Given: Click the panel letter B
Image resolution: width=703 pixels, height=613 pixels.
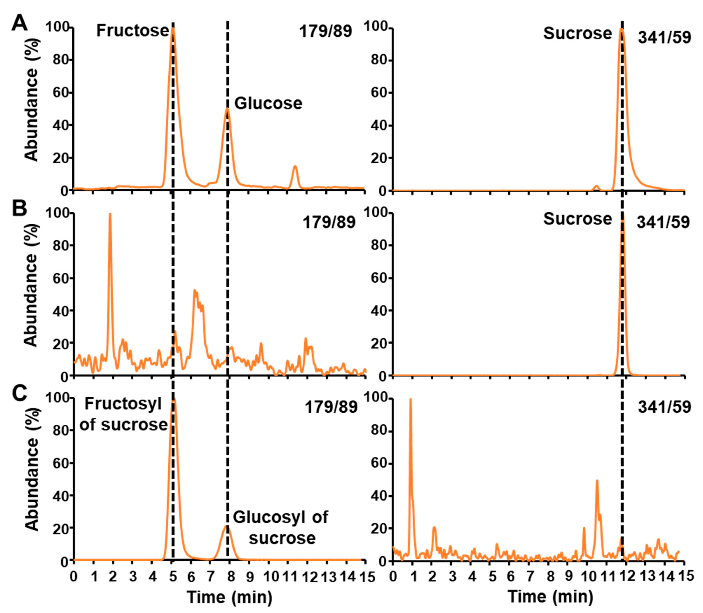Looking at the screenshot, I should (x=20, y=209).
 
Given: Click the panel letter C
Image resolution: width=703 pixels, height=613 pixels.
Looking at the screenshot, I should (x=20, y=394).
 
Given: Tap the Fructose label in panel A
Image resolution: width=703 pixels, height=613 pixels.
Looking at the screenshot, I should (x=132, y=31).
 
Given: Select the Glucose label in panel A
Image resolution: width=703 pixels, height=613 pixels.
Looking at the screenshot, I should (x=268, y=103).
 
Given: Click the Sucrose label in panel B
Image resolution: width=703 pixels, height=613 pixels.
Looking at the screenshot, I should (x=577, y=219).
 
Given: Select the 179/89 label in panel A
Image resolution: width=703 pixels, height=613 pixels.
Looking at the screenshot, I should (x=325, y=32).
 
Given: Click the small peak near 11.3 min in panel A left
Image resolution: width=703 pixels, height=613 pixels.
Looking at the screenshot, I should (x=295, y=167).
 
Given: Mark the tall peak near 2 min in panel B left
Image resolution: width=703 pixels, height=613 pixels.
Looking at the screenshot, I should (x=110, y=214).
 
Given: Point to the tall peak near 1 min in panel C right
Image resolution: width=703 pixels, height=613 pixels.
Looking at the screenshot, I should (x=410, y=399).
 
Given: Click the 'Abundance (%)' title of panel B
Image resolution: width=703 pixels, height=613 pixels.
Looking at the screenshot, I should (x=32, y=294).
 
